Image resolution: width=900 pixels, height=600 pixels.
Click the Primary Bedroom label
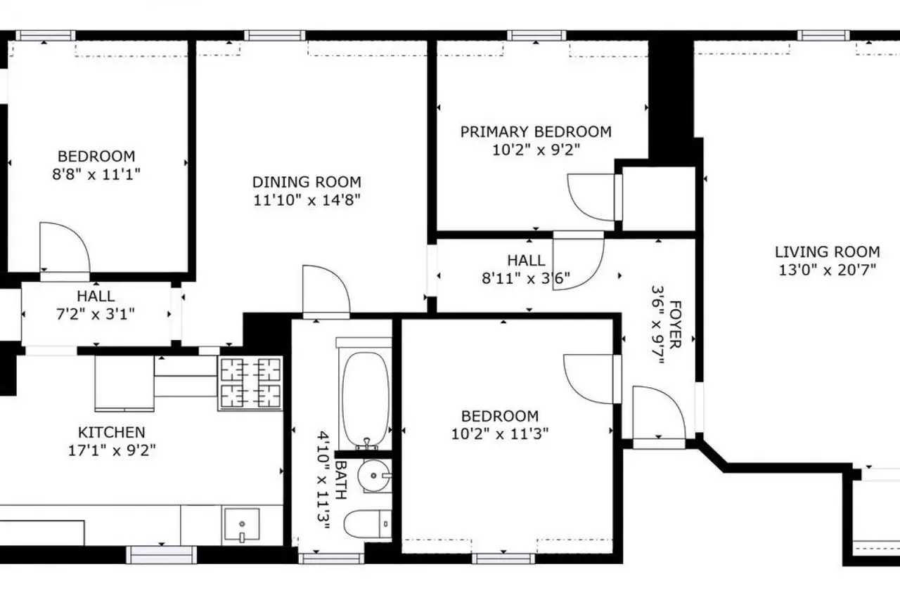tap(536, 131)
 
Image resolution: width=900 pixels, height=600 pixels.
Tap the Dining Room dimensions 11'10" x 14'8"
tap(307, 200)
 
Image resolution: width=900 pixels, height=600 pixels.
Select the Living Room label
tap(828, 252)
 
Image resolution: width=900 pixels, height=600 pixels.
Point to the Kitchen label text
tap(111, 432)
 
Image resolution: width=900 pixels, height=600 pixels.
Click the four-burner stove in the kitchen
tap(250, 383)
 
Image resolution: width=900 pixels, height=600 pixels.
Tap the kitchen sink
tap(242, 525)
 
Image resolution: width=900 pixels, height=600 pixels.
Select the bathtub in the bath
tap(365, 399)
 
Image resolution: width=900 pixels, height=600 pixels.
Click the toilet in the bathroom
tap(367, 524)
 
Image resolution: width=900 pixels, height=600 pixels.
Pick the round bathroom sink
tap(374, 476)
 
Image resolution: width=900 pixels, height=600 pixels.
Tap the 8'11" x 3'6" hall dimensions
tap(526, 278)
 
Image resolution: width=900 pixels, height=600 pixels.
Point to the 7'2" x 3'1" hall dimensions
tap(96, 314)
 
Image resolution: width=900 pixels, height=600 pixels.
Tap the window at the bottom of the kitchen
tap(162, 554)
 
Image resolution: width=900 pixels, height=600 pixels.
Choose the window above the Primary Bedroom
tap(536, 35)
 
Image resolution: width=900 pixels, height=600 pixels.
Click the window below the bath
tap(331, 559)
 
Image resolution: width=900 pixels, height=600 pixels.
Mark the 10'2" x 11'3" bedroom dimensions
tap(500, 433)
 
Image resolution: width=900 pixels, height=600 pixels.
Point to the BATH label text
tap(341, 480)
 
